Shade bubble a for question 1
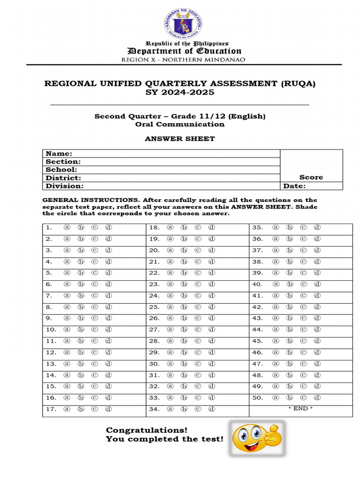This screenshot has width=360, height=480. pos(67,227)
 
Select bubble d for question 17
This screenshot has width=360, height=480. pos(108,409)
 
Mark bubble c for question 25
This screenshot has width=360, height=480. pos(198,307)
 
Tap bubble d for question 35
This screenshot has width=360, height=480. pos(317,227)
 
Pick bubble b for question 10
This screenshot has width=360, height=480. pos(81,330)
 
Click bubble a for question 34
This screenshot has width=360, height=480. pos(170,409)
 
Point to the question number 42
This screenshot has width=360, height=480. pos(257,307)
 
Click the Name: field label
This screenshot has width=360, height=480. pos(59,154)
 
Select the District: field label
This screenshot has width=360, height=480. pos(63,178)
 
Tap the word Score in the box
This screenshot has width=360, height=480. pos(311,177)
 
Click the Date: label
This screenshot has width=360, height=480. pos(294,186)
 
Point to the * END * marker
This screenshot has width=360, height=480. pos(300,409)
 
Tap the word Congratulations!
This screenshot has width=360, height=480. pos(146,430)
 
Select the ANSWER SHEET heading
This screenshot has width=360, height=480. pos(180,139)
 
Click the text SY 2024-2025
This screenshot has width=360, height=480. pos(180,92)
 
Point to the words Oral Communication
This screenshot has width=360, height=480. pos(180,124)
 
